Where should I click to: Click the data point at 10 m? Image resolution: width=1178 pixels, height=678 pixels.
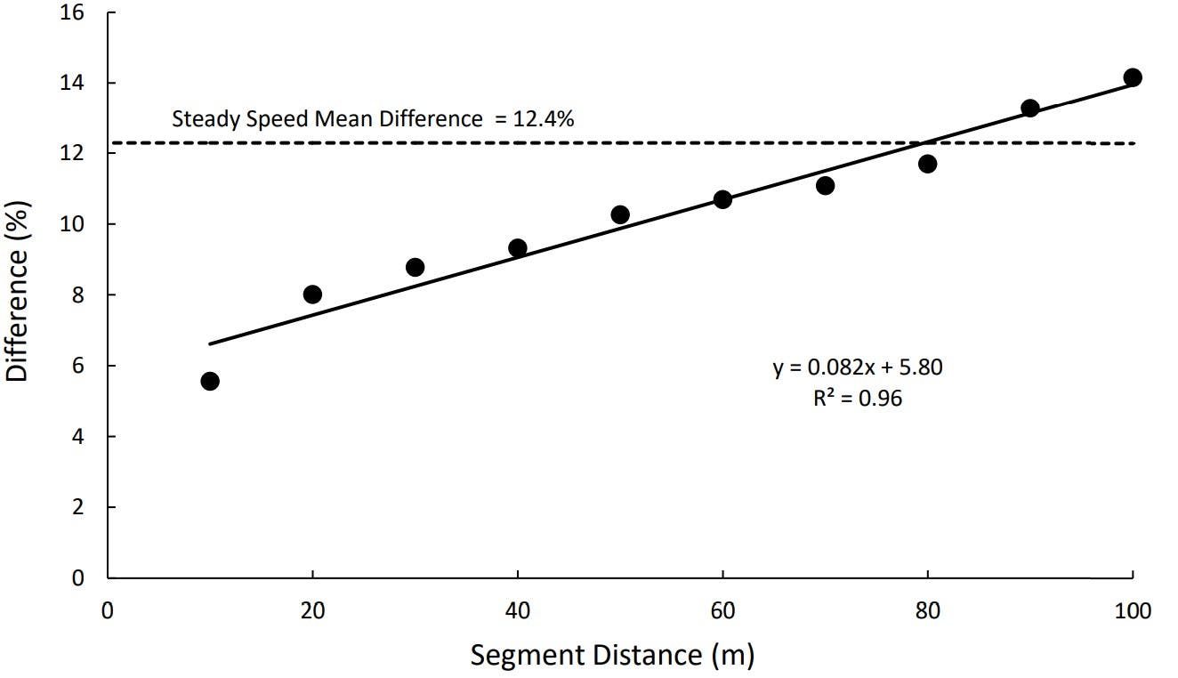[x=210, y=381]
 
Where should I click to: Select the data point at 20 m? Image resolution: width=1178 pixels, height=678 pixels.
[x=312, y=295]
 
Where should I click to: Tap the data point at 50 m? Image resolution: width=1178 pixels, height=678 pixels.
[x=620, y=214]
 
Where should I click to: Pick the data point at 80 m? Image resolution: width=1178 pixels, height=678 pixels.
[x=927, y=164]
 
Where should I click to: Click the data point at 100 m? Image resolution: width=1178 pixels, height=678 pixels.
[x=1133, y=77]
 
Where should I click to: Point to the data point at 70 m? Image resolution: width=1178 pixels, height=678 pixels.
[x=825, y=185]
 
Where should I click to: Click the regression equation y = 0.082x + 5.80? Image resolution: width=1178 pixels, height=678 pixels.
[x=857, y=367]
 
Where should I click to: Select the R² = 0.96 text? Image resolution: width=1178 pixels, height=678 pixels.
[x=857, y=398]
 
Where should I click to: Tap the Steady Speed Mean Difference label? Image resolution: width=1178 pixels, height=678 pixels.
[x=326, y=118]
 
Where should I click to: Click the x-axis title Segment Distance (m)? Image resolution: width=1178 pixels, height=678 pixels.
[x=612, y=656]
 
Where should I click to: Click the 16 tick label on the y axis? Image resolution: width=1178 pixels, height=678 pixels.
[x=73, y=12]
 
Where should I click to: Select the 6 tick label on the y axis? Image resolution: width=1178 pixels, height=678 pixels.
[x=78, y=366]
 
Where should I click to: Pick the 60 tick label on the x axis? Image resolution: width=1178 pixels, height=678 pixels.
[x=722, y=611]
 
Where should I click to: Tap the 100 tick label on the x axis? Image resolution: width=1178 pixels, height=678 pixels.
[x=1133, y=611]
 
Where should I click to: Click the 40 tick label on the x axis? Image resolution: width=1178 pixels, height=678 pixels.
[x=517, y=611]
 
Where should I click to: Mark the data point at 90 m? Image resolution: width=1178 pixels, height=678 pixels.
[x=1030, y=109]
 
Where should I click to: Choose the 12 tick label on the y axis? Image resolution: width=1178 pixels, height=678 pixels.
[x=73, y=154]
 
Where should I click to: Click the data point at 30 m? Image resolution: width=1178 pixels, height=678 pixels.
[x=415, y=267]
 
